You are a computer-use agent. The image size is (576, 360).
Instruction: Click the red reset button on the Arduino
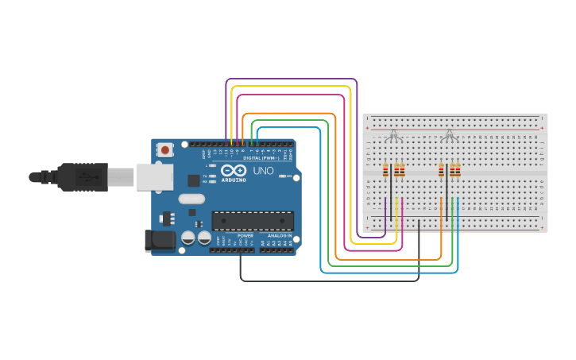coord(165,149)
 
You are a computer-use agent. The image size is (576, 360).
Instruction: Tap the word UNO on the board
coord(263,171)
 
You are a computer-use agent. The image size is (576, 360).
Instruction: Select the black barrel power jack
coord(158,241)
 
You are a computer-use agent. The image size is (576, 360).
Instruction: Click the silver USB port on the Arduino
coord(153,176)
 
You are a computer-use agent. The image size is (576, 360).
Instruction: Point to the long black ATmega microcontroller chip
coord(253,222)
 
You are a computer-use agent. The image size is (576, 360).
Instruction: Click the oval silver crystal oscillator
coord(191,199)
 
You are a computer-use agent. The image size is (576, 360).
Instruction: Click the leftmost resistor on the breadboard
coord(386,171)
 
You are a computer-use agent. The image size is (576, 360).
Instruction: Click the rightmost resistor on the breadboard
coord(458,171)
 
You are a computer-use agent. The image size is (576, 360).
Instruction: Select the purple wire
coord(291,79)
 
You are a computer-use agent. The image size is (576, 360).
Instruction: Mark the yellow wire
coord(291,87)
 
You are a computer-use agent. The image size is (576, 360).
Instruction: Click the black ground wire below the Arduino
coord(330,281)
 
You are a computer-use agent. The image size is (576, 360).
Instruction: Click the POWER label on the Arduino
coord(245,236)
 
